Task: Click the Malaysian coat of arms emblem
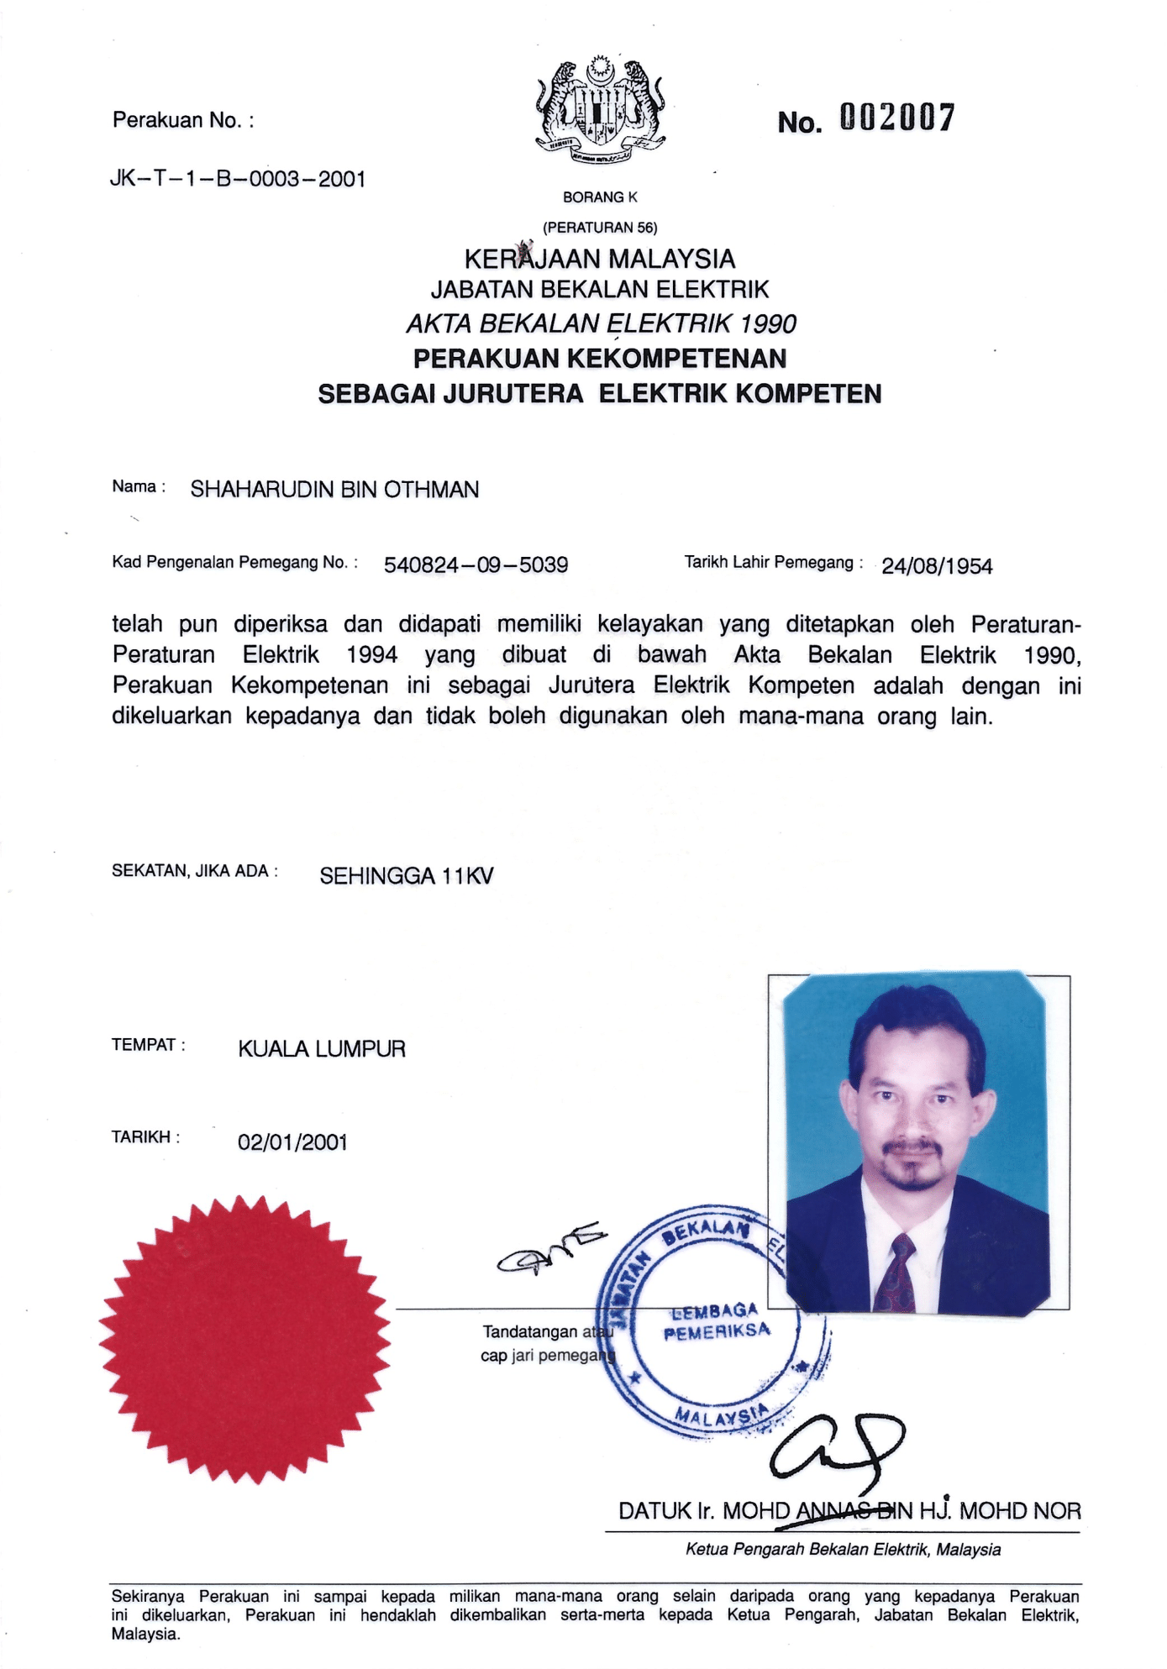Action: tap(600, 109)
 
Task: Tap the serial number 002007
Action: tap(896, 119)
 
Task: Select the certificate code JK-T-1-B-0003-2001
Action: tap(238, 179)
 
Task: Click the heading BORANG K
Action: tap(600, 197)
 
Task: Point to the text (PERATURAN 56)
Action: tap(600, 228)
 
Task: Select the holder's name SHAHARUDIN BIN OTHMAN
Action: tap(334, 490)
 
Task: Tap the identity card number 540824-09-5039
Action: tap(476, 565)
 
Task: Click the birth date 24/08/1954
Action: tap(937, 567)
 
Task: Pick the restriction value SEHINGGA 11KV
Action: tap(407, 877)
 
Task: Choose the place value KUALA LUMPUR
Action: tap(322, 1049)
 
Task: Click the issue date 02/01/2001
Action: tap(292, 1142)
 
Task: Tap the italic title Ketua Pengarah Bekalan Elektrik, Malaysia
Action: tap(843, 1550)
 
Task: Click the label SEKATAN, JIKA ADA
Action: tap(194, 871)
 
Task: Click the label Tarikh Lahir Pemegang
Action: tap(773, 563)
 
